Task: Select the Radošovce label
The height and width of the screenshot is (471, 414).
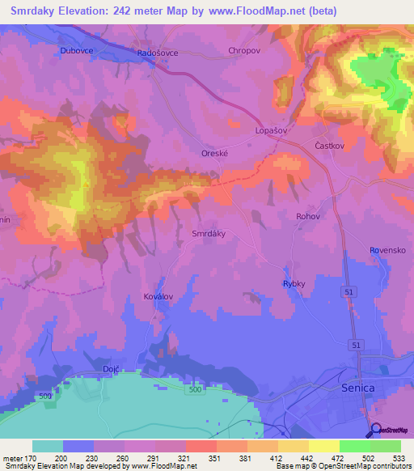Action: (158, 53)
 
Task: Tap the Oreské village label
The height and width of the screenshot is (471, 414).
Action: (216, 152)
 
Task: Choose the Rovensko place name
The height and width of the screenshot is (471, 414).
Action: (387, 251)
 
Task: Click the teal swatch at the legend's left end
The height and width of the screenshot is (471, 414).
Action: (48, 446)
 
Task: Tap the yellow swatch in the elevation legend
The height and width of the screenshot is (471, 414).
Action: (324, 446)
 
